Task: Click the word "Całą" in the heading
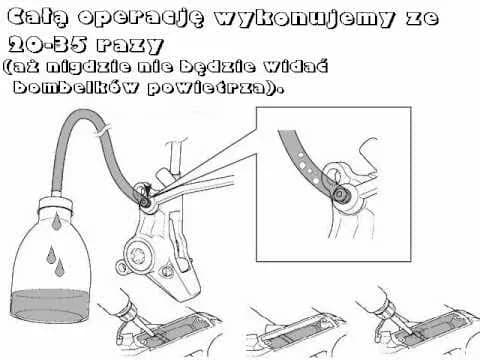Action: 38,17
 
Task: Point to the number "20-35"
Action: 48,44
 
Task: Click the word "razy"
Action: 130,45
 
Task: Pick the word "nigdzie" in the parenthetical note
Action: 88,66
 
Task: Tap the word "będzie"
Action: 218,68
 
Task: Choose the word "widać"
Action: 296,66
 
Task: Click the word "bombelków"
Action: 75,87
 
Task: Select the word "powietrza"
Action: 207,88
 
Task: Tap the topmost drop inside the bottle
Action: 57,221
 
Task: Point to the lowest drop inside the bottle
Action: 59,267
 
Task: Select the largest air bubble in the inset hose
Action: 303,165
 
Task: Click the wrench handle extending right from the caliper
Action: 197,188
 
